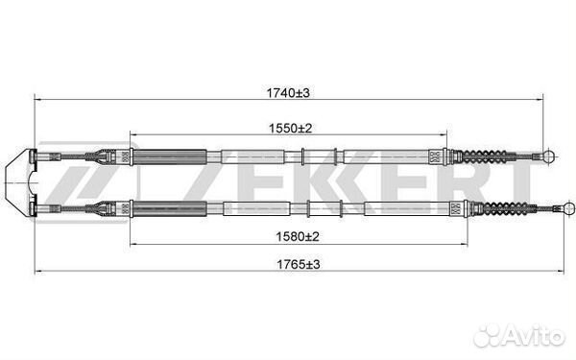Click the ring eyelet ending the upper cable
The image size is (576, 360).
(x=549, y=156)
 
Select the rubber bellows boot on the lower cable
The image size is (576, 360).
(x=501, y=208)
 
